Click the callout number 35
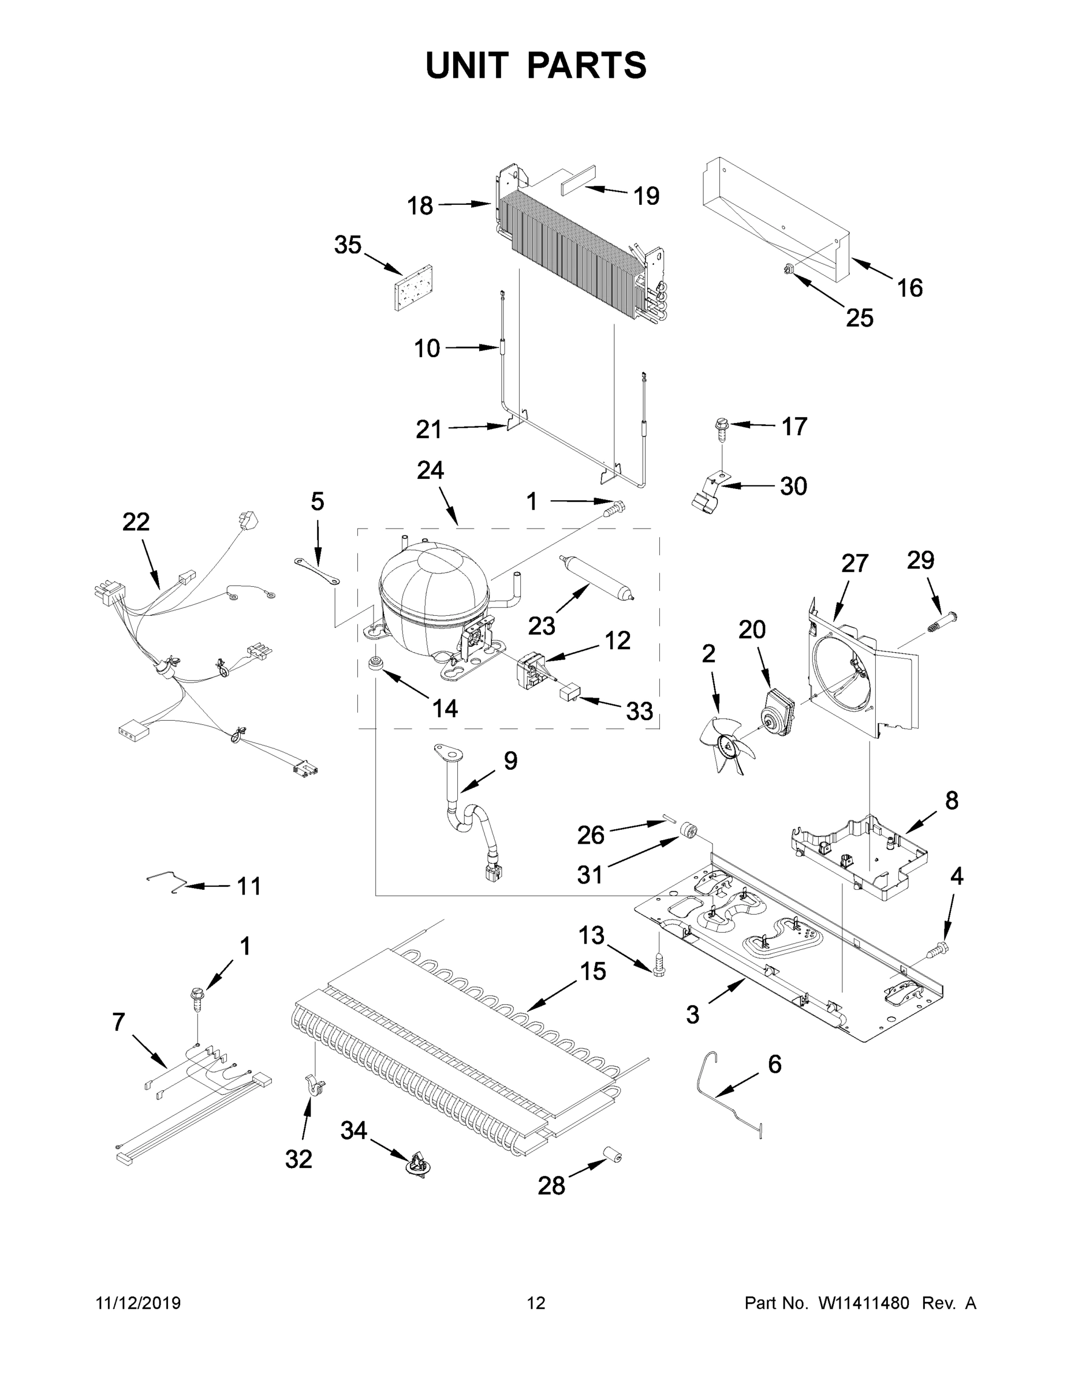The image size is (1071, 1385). pos(348,245)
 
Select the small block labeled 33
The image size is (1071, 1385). pos(570,690)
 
